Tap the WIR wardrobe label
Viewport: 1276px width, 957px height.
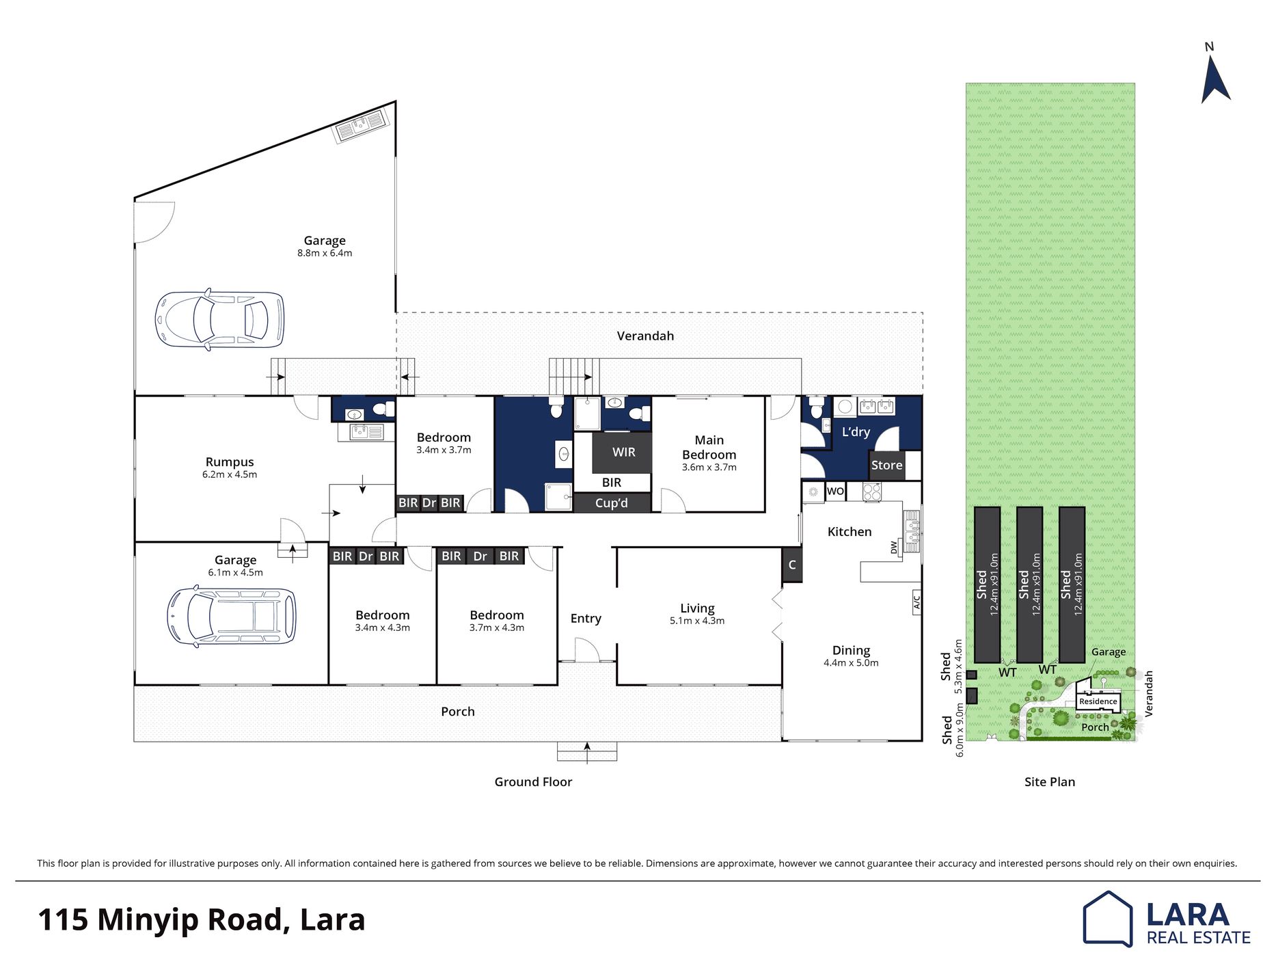pos(623,452)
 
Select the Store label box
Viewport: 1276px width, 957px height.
pos(886,465)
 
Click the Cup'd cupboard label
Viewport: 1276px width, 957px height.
pos(611,503)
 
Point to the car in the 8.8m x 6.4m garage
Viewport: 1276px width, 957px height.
pos(219,319)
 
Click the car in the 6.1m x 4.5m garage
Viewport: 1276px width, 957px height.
pos(232,617)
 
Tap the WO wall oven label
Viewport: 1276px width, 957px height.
pos(835,491)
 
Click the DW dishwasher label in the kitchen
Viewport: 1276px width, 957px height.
pos(893,547)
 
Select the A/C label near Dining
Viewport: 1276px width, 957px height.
pos(917,602)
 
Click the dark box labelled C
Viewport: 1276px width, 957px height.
pos(792,565)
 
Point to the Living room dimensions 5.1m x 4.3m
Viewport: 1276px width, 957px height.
pos(697,621)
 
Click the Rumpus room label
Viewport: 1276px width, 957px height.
pos(230,462)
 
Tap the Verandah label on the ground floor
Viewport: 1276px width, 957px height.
pos(645,336)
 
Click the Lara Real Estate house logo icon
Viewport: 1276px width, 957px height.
pos(1107,919)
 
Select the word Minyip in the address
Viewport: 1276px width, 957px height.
pos(187,921)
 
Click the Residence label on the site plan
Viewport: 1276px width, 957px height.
pos(1098,701)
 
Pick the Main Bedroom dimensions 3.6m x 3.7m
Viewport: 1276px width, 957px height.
pos(709,468)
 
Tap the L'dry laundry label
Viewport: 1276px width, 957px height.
pos(856,432)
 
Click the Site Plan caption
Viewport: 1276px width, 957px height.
pos(1050,782)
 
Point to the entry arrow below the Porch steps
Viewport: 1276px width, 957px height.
pos(586,752)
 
